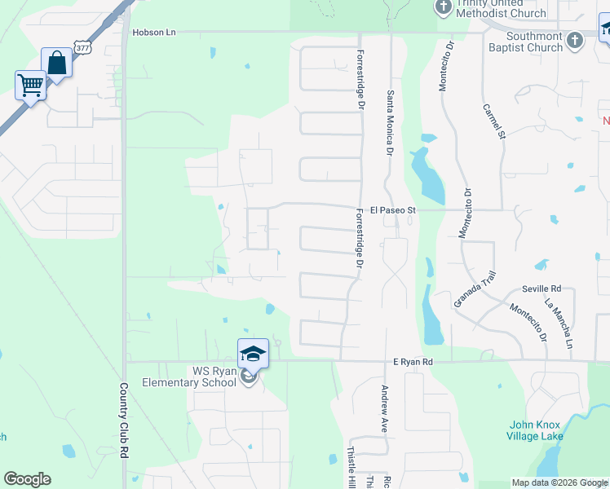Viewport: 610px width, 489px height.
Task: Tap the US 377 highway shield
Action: pyautogui.click(x=82, y=48)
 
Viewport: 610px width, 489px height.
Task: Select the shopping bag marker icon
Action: pyautogui.click(x=57, y=62)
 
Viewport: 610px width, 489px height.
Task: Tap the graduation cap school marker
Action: pyautogui.click(x=253, y=353)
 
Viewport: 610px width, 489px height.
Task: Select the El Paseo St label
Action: pyautogui.click(x=393, y=210)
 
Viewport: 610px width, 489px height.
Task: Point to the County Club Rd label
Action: pyautogui.click(x=125, y=421)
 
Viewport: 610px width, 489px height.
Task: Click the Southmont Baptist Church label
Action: pyautogui.click(x=534, y=42)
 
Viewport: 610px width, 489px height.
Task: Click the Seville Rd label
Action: pyautogui.click(x=541, y=289)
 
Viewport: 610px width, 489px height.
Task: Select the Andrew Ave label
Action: pyautogui.click(x=382, y=408)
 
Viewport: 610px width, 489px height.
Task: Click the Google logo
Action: pyautogui.click(x=27, y=479)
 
